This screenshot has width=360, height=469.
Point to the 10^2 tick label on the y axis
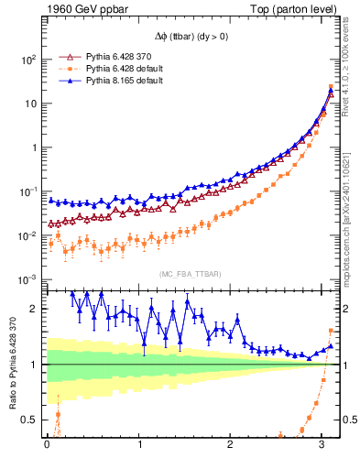pos(27,60)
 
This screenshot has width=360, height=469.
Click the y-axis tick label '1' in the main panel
pos(33,147)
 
